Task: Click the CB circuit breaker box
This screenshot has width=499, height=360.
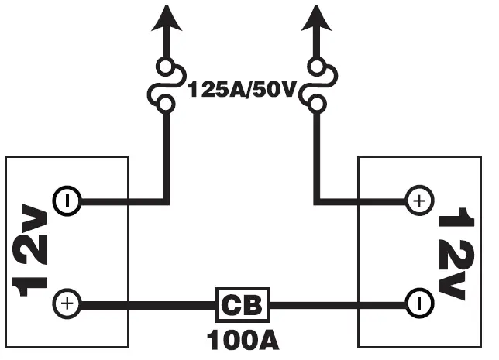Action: pyautogui.click(x=241, y=304)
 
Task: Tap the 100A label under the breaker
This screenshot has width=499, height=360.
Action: pyautogui.click(x=242, y=339)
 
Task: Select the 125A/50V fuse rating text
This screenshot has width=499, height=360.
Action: pyautogui.click(x=242, y=90)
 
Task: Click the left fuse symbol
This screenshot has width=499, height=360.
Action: pyautogui.click(x=166, y=84)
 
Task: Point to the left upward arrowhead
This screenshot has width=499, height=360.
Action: pyautogui.click(x=165, y=17)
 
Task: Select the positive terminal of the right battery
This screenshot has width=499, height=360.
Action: pyautogui.click(x=418, y=202)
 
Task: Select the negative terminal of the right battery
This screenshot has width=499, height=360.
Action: pyautogui.click(x=418, y=303)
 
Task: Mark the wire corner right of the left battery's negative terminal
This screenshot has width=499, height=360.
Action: pyautogui.click(x=166, y=202)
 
